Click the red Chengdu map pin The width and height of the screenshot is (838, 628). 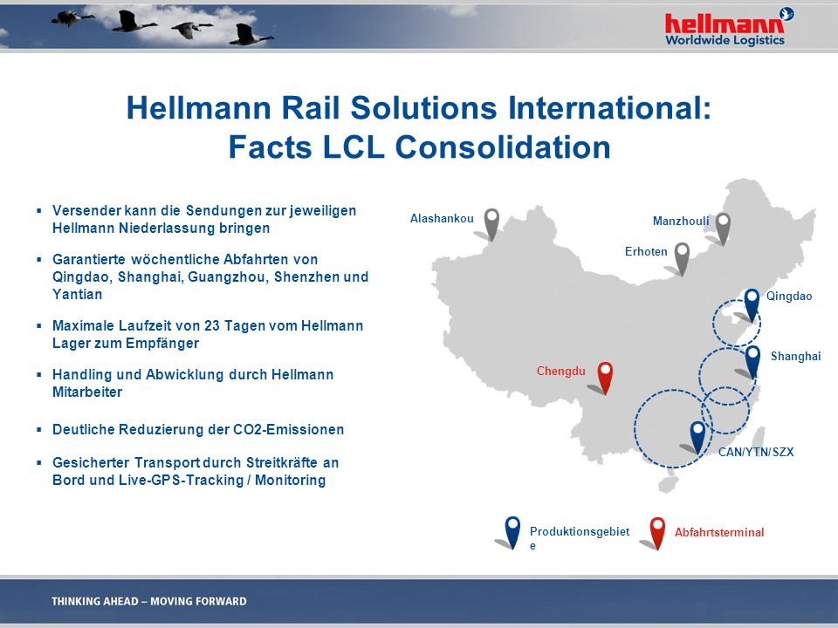tap(604, 378)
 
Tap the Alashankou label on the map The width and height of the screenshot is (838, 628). tap(442, 218)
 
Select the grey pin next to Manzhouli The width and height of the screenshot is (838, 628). tap(723, 229)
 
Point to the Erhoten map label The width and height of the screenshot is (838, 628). tap(646, 251)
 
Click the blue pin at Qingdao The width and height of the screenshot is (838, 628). tap(752, 305)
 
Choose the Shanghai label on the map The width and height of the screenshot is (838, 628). tap(795, 356)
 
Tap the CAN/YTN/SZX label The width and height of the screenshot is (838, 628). tap(756, 453)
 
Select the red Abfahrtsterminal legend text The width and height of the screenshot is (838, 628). tap(718, 532)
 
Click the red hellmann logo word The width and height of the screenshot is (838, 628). tap(725, 24)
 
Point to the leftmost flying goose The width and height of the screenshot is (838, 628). tap(71, 18)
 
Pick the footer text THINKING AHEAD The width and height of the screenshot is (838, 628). tap(94, 601)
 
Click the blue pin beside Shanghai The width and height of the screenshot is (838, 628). tap(752, 362)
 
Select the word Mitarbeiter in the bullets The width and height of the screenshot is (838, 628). tap(87, 392)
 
